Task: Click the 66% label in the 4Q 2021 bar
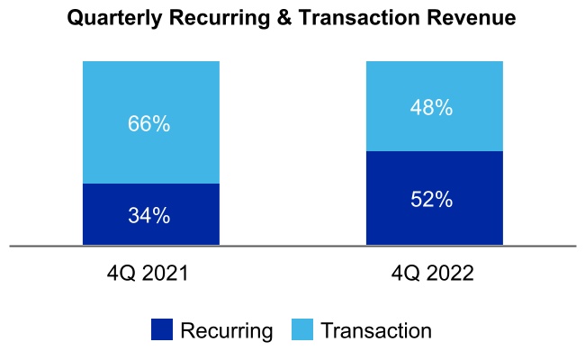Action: click(x=149, y=124)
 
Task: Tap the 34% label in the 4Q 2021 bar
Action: click(x=149, y=216)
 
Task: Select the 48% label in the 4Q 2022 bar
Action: click(x=432, y=108)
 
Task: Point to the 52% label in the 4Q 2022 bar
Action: click(x=432, y=200)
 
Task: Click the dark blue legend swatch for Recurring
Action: click(x=162, y=330)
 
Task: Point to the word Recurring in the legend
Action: click(x=226, y=330)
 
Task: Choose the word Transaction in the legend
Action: click(x=375, y=330)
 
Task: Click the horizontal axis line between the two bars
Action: click(x=292, y=245)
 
